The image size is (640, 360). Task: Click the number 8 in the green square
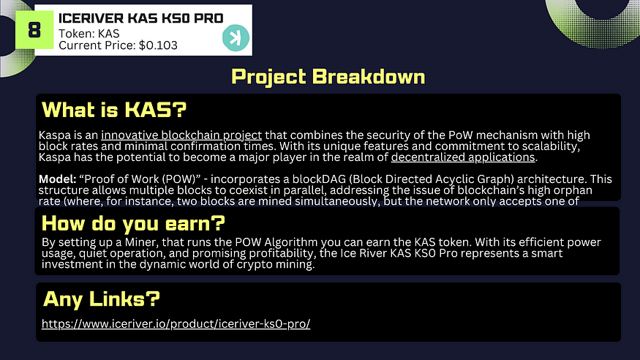pyautogui.click(x=34, y=30)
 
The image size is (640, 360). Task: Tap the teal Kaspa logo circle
pyautogui.click(x=236, y=38)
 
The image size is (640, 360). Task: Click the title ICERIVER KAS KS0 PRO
pyautogui.click(x=141, y=18)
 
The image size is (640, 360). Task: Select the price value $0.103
pyautogui.click(x=158, y=45)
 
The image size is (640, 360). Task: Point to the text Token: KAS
pyautogui.click(x=89, y=34)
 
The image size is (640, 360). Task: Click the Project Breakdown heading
pyautogui.click(x=328, y=76)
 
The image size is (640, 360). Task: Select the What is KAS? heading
pyautogui.click(x=114, y=109)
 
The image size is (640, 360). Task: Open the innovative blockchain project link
pyautogui.click(x=181, y=135)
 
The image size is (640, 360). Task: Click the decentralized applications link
pyautogui.click(x=463, y=157)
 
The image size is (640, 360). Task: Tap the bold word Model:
pyautogui.click(x=58, y=179)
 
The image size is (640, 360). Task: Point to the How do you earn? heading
pyautogui.click(x=133, y=223)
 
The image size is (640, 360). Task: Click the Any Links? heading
pyautogui.click(x=101, y=299)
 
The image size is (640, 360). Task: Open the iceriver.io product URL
pyautogui.click(x=176, y=323)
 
